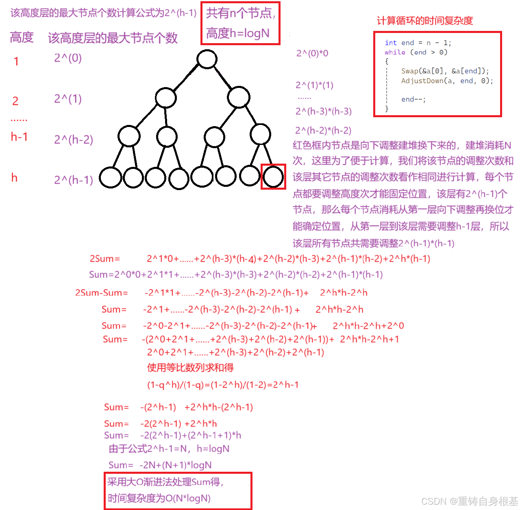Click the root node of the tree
(207, 59)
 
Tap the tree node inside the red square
(273, 177)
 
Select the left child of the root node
(165, 98)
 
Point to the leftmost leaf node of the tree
(110, 177)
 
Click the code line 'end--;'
(413, 99)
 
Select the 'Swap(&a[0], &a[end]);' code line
(445, 71)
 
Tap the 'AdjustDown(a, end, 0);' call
(447, 81)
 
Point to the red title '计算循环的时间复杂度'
(425, 21)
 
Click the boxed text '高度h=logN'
(238, 33)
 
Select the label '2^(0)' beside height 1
(68, 58)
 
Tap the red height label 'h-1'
(19, 137)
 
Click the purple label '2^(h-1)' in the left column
(74, 180)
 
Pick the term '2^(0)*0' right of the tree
(312, 53)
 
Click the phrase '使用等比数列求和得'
(190, 368)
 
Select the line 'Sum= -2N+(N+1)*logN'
(160, 465)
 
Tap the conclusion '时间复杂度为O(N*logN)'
(159, 498)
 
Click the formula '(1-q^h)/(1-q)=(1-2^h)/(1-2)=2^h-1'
(223, 385)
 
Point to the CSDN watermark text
(470, 501)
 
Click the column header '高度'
(22, 37)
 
